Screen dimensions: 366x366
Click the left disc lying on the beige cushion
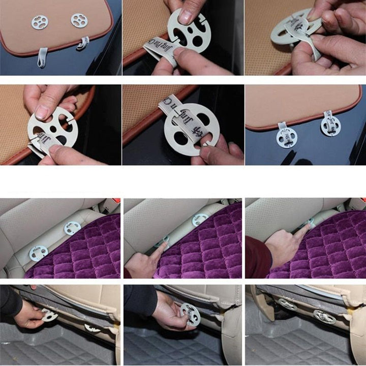click(x=40, y=22)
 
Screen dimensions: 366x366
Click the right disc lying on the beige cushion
click(x=79, y=20)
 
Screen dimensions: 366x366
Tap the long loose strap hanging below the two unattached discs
click(x=43, y=57)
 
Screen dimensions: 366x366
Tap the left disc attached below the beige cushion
click(x=287, y=136)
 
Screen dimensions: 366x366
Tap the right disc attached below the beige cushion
click(x=330, y=126)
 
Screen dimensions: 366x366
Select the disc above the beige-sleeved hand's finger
click(x=200, y=220)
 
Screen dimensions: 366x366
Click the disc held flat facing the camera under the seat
click(x=189, y=314)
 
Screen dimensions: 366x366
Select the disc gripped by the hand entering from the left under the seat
click(x=49, y=315)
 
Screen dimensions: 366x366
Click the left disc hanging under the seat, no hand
click(x=287, y=304)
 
